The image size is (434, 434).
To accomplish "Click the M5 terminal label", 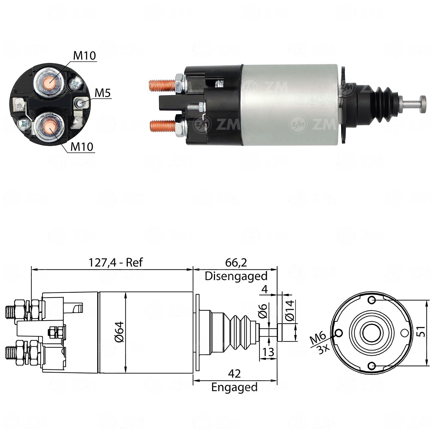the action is [103, 93].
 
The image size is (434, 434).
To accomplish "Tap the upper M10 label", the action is [84, 56].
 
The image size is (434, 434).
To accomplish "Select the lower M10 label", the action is [82, 146].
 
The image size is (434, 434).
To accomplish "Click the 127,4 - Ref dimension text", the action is [115, 262].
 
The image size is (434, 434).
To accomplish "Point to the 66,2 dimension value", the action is [236, 262].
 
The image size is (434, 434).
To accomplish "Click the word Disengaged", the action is [236, 276].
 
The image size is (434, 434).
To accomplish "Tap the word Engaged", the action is [234, 387].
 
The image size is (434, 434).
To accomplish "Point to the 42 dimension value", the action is [234, 374].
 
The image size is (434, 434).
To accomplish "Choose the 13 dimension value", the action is [268, 352].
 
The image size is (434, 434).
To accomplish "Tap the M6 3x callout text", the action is [319, 342].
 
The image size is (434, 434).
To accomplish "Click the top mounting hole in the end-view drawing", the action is [372, 300].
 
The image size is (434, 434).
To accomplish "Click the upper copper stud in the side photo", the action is [162, 85].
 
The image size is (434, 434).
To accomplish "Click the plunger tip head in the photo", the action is [423, 104].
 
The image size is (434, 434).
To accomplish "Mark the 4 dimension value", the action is [265, 289].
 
